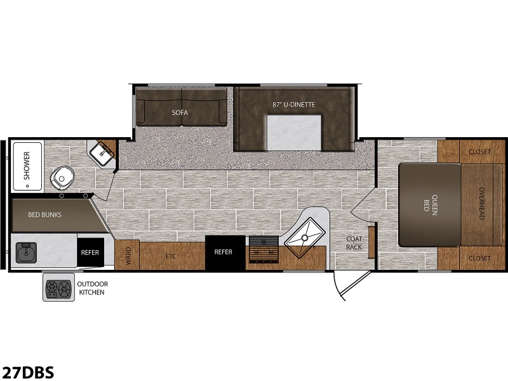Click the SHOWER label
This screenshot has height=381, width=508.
point(27,166)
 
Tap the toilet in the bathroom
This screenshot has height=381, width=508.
point(62,177)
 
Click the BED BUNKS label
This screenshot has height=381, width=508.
point(44,215)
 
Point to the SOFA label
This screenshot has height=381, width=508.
point(180,112)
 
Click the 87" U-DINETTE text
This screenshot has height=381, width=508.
point(293,104)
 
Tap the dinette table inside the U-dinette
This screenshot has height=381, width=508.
point(294,133)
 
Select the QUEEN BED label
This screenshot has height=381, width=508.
point(431,203)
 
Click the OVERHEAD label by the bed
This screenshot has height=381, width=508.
point(481,203)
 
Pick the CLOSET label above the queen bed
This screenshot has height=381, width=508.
point(479,152)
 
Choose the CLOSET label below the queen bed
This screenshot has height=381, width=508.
point(479,258)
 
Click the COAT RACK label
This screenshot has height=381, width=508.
point(354,243)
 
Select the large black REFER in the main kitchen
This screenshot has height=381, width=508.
point(225,251)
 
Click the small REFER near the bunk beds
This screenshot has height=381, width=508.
point(90,252)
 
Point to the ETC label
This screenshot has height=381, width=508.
point(171,257)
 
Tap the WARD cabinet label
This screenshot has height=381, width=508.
point(128,256)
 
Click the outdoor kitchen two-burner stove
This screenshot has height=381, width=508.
point(58,288)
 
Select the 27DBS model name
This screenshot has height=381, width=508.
point(27,372)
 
